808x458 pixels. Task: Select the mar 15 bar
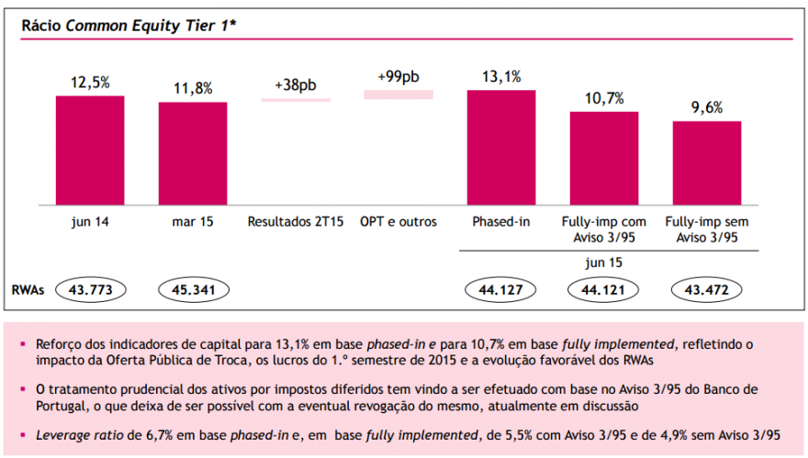pyautogui.click(x=193, y=154)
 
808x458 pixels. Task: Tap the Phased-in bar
pyautogui.click(x=501, y=148)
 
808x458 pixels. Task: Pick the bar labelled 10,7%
pyautogui.click(x=604, y=159)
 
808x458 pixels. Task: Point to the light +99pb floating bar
pyautogui.click(x=398, y=94)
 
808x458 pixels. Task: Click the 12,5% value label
pyautogui.click(x=90, y=83)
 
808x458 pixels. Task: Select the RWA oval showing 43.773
pyautogui.click(x=90, y=290)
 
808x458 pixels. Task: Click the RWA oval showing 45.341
pyautogui.click(x=193, y=290)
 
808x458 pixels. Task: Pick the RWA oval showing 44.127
pyautogui.click(x=501, y=290)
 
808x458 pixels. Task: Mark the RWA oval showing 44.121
pyautogui.click(x=604, y=290)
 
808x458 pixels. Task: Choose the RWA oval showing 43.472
pyautogui.click(x=707, y=290)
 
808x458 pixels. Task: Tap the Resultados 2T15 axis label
pyautogui.click(x=296, y=222)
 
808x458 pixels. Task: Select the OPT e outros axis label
pyautogui.click(x=398, y=222)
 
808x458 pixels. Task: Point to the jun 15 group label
pyautogui.click(x=603, y=261)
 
